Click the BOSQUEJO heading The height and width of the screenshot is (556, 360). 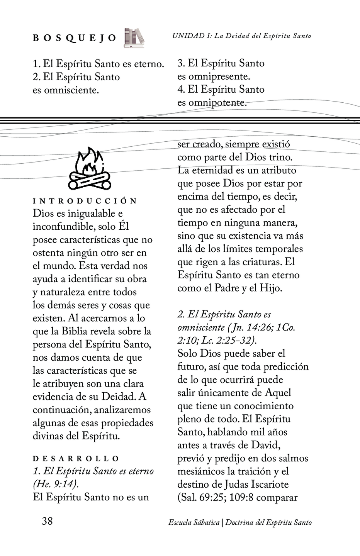(74, 38)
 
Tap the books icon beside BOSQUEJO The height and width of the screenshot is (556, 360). (134, 38)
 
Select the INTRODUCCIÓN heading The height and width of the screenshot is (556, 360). (85, 201)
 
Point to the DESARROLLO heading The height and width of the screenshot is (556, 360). (76, 459)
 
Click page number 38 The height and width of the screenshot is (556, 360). (47, 521)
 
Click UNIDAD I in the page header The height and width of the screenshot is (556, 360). (192, 36)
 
